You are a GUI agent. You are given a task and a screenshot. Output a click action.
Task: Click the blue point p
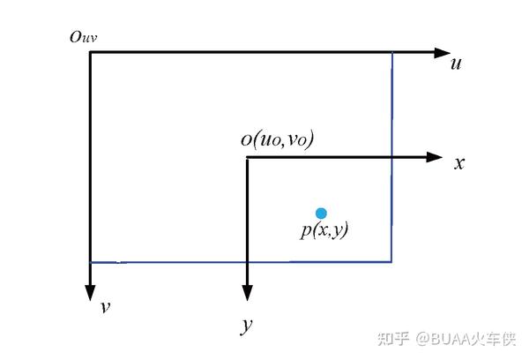point(321,213)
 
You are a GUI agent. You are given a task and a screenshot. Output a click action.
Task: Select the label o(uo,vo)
point(277,139)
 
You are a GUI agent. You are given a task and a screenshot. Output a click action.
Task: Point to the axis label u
point(456,64)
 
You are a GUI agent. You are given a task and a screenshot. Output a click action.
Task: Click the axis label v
point(105,307)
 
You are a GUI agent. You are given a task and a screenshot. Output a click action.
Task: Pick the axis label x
point(458,163)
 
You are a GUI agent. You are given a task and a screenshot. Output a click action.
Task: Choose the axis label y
point(247,326)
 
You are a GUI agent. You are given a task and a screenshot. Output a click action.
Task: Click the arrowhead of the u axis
point(443,52)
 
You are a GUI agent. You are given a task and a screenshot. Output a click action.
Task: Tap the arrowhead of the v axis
point(90,293)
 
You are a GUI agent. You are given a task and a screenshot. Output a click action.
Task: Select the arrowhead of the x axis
point(433,157)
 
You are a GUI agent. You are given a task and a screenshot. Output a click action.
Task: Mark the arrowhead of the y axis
point(247,293)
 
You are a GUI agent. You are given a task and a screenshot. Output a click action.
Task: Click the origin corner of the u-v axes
point(90,52)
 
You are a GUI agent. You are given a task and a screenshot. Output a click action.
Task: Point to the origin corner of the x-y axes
point(247,157)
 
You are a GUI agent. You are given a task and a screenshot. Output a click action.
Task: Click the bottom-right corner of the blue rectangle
point(392,261)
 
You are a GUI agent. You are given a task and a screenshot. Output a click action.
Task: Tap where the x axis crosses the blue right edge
point(392,157)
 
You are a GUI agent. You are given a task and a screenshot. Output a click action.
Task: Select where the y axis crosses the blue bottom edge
point(247,261)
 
